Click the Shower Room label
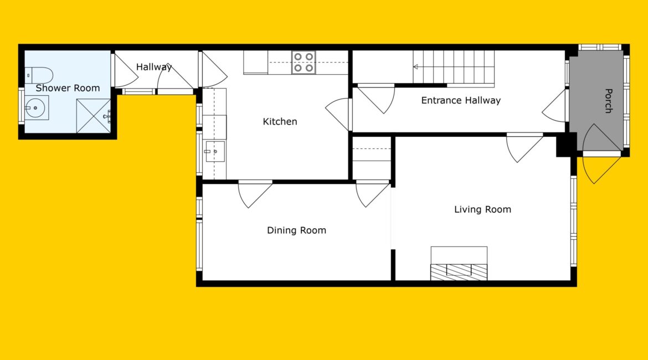coord(68,88)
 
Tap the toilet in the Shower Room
coord(39,75)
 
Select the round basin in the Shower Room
coord(37,108)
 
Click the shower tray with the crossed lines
coord(94,116)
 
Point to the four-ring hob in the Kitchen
coord(304,63)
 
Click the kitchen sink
coord(215,151)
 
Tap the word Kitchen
coord(280,121)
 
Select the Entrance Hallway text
coord(461,100)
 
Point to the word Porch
coord(608,101)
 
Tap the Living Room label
coord(483,209)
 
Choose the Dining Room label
coord(296,230)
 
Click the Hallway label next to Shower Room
coord(154,67)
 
